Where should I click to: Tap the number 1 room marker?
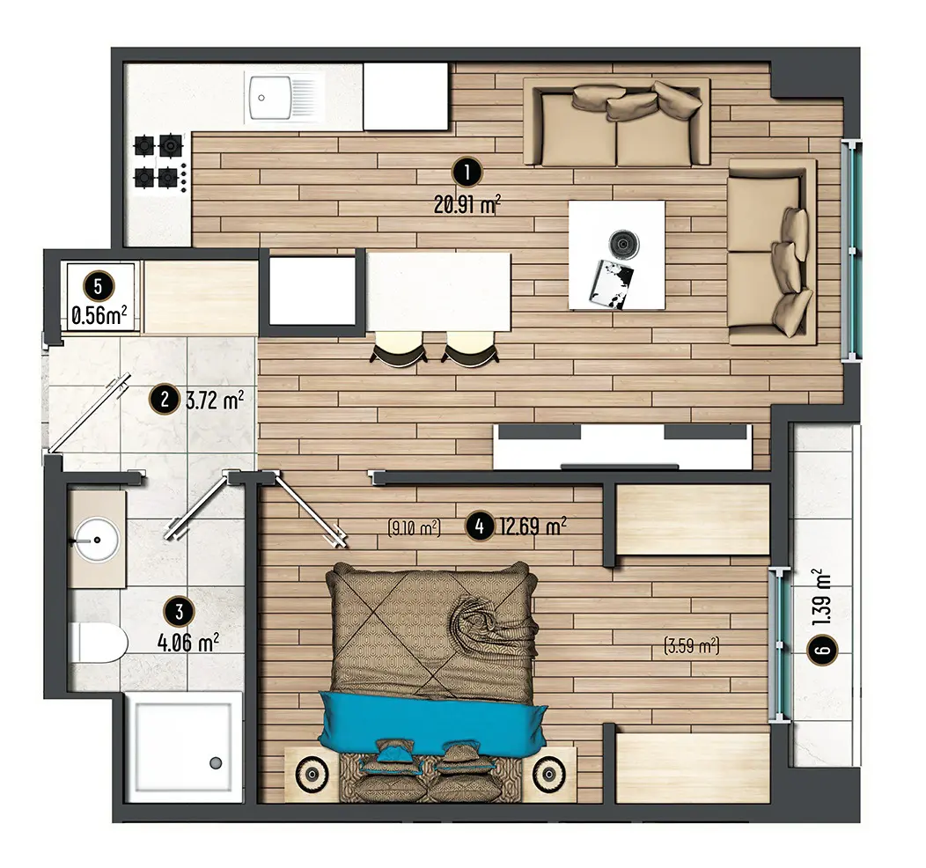pos(467,173)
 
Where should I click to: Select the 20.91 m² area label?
pos(467,205)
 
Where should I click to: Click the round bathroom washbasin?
pos(96,539)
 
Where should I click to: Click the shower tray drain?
pos(216,763)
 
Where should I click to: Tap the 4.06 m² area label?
pos(188,642)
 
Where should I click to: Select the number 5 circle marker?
pos(99,286)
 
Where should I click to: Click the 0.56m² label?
pos(99,316)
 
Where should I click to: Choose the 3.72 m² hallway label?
pos(215,401)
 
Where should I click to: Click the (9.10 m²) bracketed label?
pos(414,526)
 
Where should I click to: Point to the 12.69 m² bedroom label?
pos(533,525)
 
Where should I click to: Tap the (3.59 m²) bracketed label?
pos(692,645)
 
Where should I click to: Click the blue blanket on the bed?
pos(432,721)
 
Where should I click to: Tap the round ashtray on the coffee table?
pos(623,243)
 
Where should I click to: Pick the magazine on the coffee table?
pos(611,283)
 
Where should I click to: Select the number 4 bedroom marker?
pos(480,526)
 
